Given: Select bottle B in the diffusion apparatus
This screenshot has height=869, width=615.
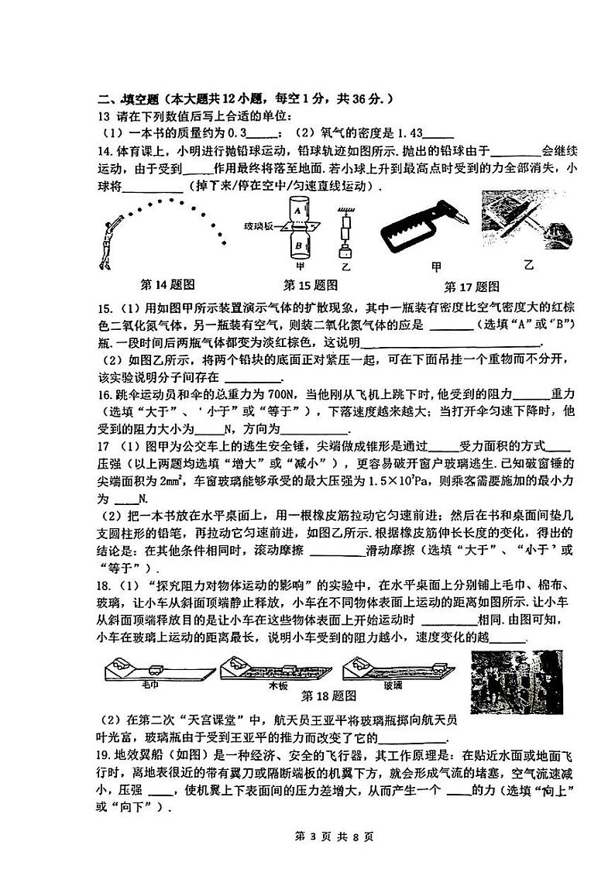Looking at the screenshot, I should [x=297, y=246].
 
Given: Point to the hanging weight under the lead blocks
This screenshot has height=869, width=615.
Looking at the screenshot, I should [x=345, y=252].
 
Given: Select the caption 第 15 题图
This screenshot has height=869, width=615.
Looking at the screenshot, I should [x=311, y=284].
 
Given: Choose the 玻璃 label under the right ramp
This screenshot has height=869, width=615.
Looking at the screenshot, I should [x=393, y=685].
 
